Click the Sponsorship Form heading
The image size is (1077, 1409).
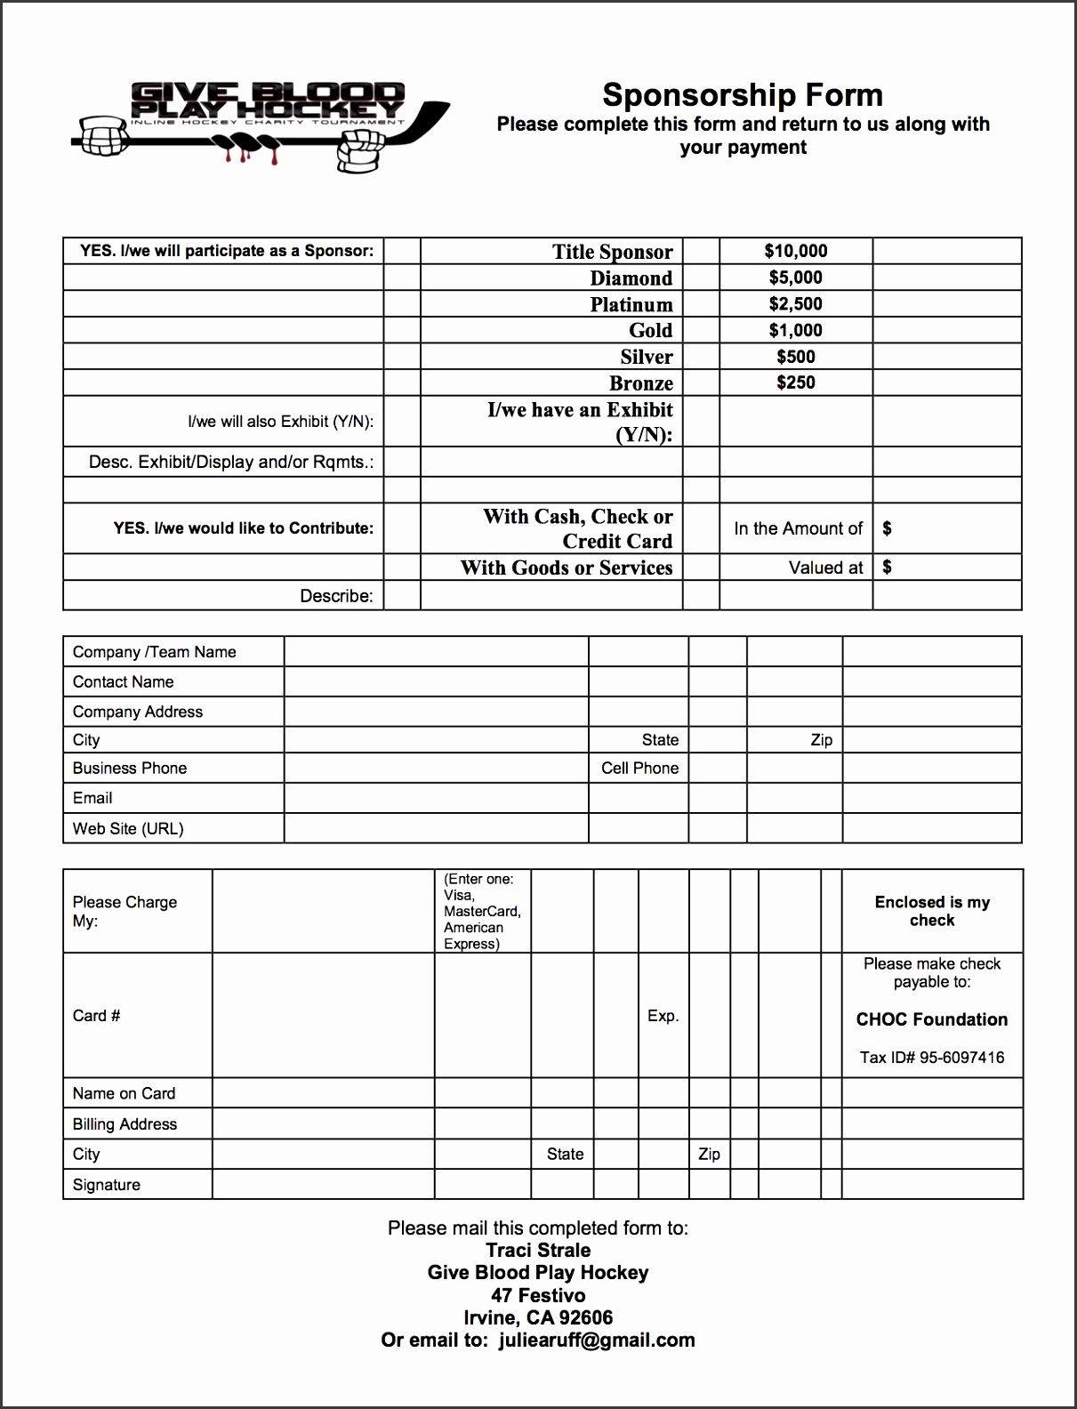[743, 95]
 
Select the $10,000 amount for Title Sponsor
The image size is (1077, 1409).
[795, 252]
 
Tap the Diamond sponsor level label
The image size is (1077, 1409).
[631, 278]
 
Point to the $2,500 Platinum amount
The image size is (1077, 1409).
[795, 304]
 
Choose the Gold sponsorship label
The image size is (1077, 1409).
[650, 331]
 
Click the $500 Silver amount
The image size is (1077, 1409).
[795, 357]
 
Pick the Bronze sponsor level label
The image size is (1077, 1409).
[640, 383]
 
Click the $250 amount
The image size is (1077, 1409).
[795, 382]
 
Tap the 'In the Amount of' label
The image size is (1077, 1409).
[798, 528]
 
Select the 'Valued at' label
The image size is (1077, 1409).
[825, 568]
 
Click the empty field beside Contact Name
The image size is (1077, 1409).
[436, 682]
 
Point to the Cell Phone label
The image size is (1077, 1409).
[639, 769]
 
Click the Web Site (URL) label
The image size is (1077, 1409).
[128, 829]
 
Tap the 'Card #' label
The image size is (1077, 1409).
[96, 1016]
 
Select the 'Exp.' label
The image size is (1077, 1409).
[663, 1016]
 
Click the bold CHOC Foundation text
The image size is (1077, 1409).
[931, 1019]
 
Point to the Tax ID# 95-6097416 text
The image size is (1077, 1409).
[931, 1058]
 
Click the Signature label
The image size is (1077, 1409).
[107, 1185]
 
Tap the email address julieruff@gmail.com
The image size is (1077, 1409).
[596, 1341]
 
